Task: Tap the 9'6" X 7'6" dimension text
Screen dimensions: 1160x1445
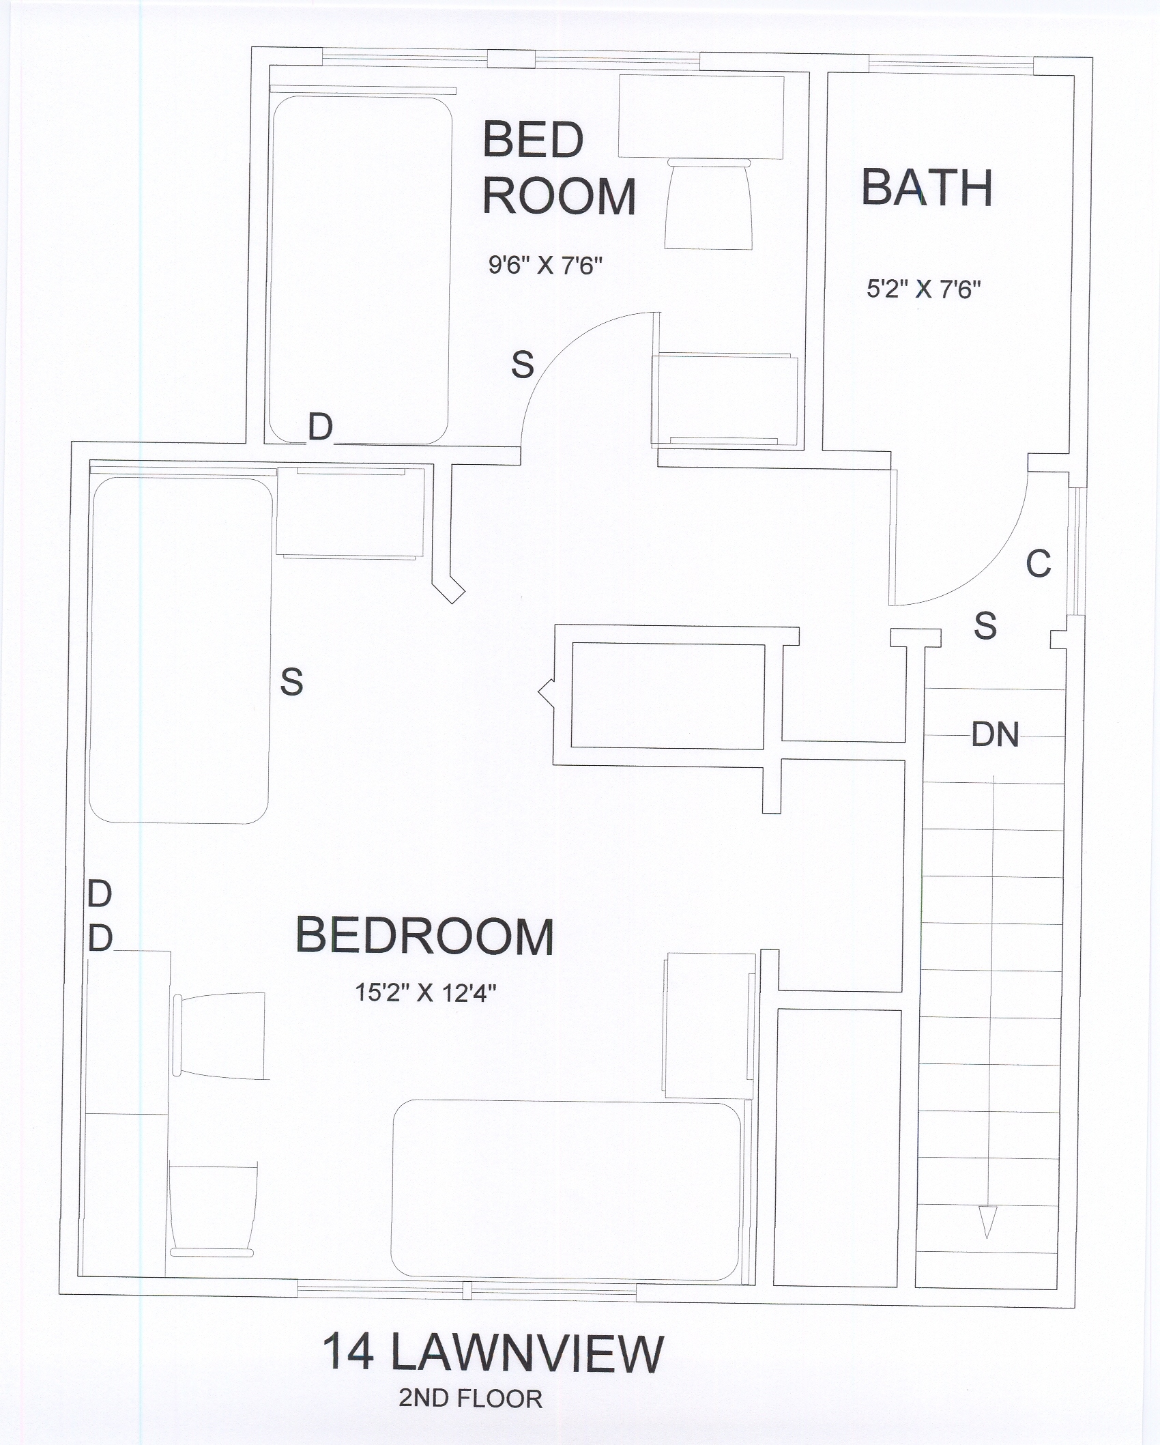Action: click(x=545, y=265)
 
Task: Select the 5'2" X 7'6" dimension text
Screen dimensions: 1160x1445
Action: click(x=923, y=289)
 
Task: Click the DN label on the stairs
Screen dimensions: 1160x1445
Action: click(x=996, y=735)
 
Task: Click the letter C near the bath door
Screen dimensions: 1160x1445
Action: click(x=1039, y=564)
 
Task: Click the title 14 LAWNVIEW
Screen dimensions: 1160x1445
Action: click(x=493, y=1352)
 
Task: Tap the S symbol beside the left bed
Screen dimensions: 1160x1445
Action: click(x=291, y=681)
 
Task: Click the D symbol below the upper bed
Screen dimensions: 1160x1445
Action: click(x=320, y=428)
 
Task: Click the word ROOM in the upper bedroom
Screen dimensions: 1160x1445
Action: click(x=560, y=197)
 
